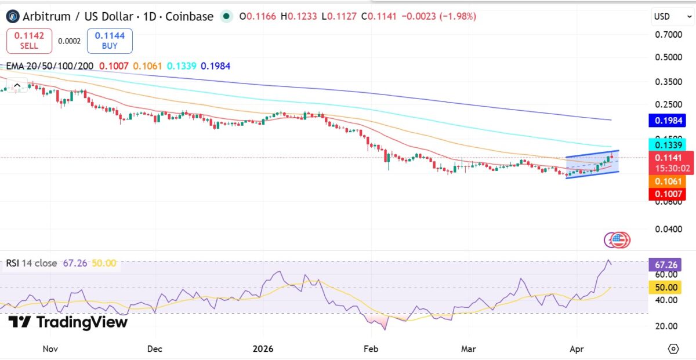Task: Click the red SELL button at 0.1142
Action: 29,41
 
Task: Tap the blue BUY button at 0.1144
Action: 110,41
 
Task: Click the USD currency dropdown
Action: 670,17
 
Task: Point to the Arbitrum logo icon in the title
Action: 12,16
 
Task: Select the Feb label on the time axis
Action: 371,350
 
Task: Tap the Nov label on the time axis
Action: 50,350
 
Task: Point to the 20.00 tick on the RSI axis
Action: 666,326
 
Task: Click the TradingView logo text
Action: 68,323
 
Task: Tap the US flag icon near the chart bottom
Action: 620,240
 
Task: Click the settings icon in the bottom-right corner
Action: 673,349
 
